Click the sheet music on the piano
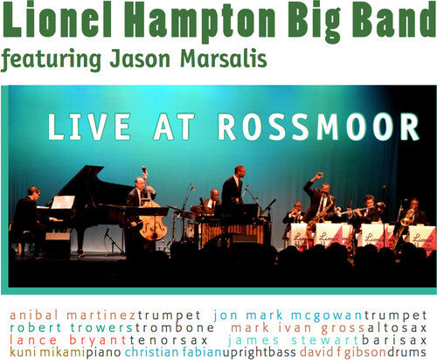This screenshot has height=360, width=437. (x=64, y=203)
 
